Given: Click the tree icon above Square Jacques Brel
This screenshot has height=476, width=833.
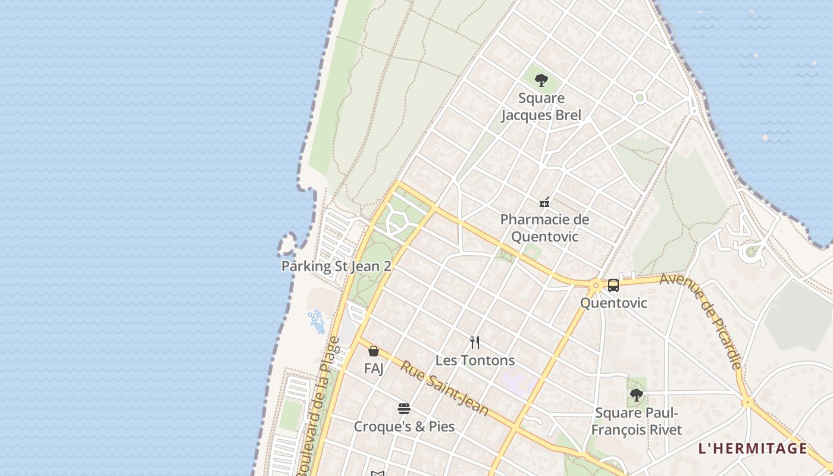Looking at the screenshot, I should click(541, 80).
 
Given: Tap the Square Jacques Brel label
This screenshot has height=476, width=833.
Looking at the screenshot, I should click(541, 107).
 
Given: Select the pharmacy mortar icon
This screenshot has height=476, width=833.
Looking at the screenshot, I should click(544, 202).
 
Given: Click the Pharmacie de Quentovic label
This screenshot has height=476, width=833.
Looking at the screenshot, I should click(544, 228).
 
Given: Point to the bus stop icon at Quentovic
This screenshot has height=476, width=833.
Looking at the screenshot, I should click(613, 286).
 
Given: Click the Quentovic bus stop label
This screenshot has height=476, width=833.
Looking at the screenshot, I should click(613, 303).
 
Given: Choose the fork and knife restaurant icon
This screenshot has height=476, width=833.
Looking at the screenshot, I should click(475, 343).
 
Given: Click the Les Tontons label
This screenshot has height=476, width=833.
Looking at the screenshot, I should click(475, 361).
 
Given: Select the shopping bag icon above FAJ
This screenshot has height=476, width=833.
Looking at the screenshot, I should click(374, 351).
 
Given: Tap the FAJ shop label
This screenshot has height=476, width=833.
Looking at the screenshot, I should click(374, 368).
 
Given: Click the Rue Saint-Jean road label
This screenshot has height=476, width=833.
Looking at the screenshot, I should click(444, 388).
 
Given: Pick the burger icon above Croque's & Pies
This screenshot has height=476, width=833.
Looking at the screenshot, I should click(404, 409).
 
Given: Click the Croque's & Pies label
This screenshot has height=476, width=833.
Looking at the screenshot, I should click(404, 427).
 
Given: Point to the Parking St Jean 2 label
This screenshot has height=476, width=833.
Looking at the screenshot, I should click(336, 266).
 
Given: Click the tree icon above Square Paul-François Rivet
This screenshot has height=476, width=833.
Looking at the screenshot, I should click(636, 394).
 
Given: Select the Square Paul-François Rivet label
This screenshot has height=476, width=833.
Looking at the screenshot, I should click(637, 421).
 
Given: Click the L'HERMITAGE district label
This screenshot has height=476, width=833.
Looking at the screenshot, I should click(753, 449).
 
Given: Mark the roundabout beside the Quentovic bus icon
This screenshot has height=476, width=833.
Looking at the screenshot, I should click(596, 286).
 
